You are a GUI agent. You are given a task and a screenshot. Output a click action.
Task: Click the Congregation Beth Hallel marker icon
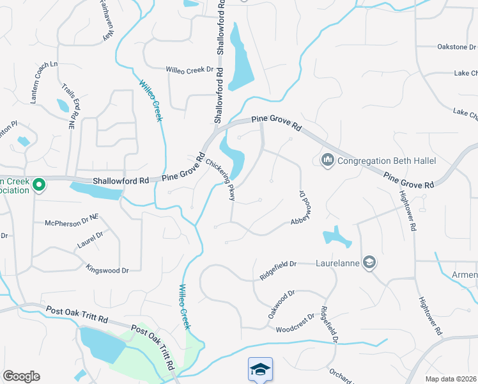point(328,159)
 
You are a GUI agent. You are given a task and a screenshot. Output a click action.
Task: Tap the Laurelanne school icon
point(369,262)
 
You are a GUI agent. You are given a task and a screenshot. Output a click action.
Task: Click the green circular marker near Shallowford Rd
point(39,186)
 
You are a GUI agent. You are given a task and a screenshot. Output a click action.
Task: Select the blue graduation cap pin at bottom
point(260,369)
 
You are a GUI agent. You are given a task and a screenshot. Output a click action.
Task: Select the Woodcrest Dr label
point(295,323)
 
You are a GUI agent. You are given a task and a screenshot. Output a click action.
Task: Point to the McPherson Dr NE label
point(71,220)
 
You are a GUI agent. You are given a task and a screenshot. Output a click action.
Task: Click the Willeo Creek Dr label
point(189,70)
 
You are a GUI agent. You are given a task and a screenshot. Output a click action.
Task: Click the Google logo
point(21,376)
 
